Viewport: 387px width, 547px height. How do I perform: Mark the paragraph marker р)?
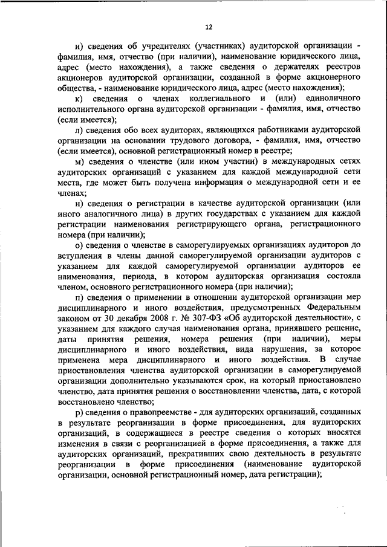click(77, 412)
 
